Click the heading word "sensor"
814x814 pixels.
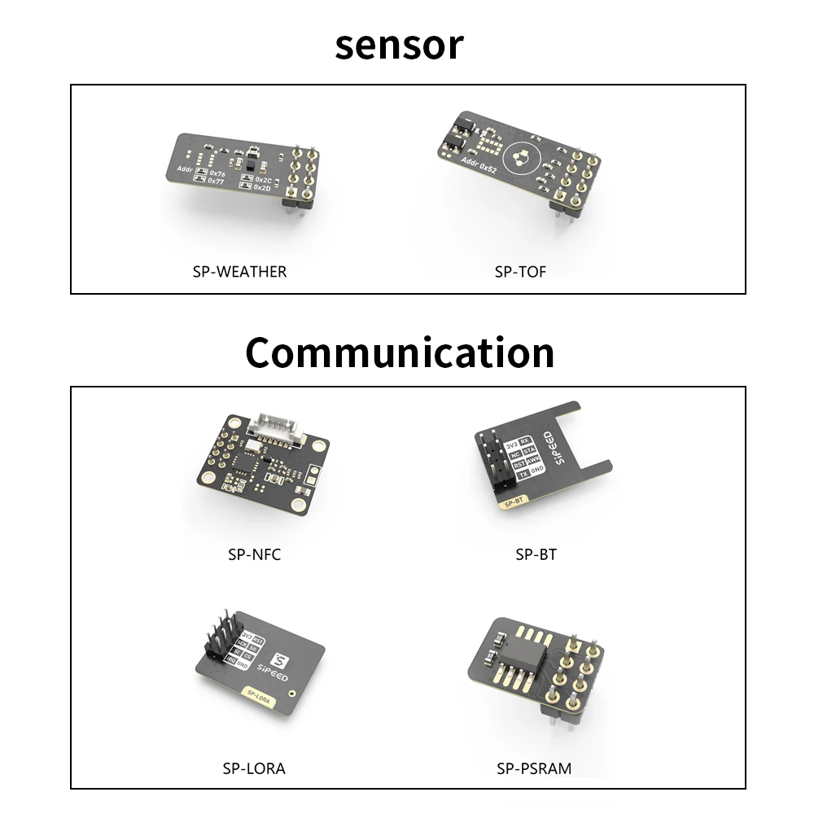399,45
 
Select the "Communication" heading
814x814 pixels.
400,352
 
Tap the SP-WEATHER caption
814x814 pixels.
239,271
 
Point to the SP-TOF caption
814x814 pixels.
520,271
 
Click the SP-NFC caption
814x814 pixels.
254,555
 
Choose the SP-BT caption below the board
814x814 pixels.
536,555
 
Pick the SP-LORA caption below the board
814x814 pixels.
254,768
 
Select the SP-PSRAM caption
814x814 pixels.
534,768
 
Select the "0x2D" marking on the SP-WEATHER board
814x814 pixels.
262,187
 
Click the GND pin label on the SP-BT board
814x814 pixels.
537,470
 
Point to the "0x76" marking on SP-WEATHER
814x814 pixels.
217,173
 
